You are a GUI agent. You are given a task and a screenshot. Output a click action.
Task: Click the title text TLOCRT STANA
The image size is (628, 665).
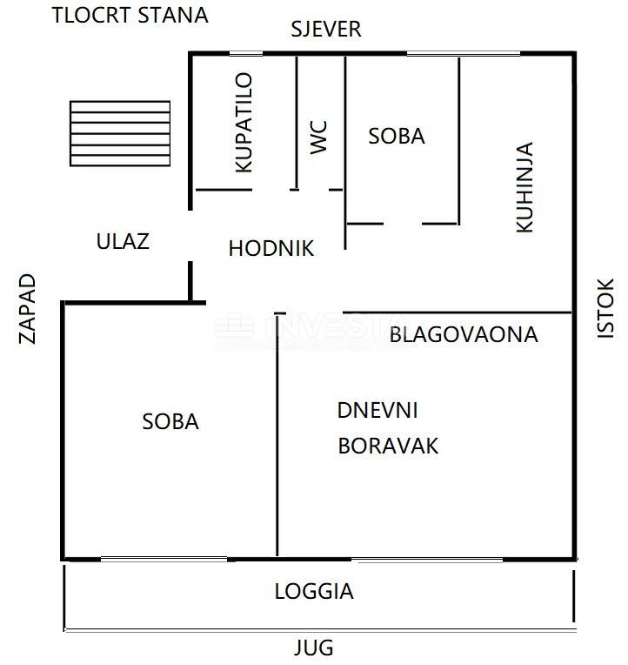tap(130, 16)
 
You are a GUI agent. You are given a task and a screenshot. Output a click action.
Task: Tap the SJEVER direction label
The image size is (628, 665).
tap(325, 30)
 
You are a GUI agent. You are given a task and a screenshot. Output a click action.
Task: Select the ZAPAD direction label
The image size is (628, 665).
tap(28, 309)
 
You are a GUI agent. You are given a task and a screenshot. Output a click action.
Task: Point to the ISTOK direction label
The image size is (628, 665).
tap(605, 307)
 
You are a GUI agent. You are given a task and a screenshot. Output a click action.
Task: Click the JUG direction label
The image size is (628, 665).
tap(313, 648)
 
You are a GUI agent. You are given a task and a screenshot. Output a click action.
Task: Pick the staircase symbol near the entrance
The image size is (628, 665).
tap(120, 133)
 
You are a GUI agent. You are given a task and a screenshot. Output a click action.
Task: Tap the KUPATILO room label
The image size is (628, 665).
tap(244, 123)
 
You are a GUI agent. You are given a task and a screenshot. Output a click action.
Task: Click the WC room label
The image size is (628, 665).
tap(320, 138)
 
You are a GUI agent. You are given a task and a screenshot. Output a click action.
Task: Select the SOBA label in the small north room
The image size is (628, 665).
tap(397, 136)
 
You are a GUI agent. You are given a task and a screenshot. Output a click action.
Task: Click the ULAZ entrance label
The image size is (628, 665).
tap(123, 241)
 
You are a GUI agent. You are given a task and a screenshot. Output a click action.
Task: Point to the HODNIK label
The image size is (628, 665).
tap(271, 248)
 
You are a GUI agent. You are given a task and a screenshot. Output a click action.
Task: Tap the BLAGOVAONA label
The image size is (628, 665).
tap(463, 334)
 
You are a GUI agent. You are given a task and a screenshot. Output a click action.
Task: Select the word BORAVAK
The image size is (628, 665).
tap(388, 446)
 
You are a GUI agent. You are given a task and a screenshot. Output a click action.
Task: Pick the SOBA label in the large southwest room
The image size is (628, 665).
tap(170, 421)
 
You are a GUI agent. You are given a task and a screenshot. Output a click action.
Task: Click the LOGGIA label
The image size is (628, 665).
tap(314, 592)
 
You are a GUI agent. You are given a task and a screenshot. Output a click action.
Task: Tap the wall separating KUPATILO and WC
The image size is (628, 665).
tap(297, 122)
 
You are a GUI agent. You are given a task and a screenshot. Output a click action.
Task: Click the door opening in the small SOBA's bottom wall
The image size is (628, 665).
tap(403, 224)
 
